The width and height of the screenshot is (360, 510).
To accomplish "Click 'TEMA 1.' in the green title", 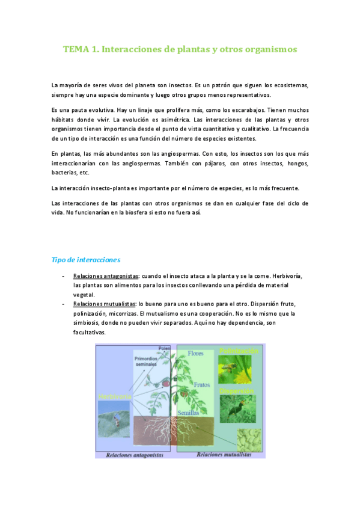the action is click(x=81, y=49).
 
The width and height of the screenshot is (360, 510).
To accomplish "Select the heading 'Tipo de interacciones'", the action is click(x=86, y=260).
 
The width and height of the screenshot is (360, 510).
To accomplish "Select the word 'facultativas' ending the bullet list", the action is click(x=89, y=333).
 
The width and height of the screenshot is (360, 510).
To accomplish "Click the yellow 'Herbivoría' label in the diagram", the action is click(x=114, y=397).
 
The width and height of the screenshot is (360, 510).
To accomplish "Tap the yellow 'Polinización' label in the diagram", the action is click(x=239, y=351).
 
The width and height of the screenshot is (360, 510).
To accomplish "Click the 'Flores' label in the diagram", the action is click(x=197, y=353).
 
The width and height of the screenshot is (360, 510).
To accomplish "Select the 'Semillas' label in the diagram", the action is click(x=191, y=413).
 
